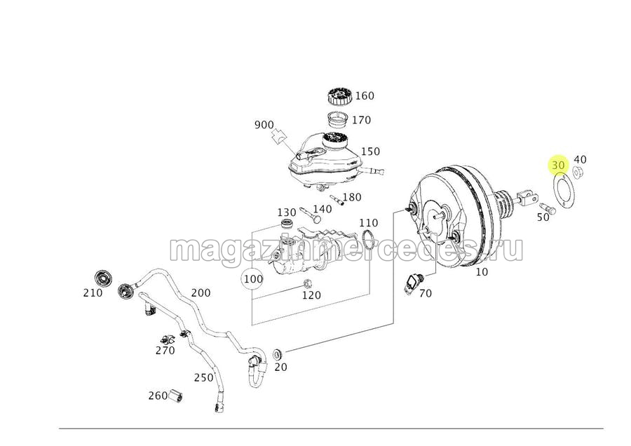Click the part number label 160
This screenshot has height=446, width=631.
click(365, 96)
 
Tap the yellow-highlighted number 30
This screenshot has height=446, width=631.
click(559, 165)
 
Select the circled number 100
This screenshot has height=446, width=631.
click(254, 278)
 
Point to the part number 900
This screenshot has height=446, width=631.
click(264, 126)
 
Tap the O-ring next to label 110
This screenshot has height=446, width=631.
click(368, 241)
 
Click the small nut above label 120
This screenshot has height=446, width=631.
click(306, 283)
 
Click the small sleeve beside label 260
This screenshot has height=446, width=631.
click(175, 396)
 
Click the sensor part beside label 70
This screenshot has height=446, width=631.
click(415, 282)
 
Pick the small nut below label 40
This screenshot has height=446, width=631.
click(578, 173)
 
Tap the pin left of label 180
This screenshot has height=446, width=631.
click(336, 200)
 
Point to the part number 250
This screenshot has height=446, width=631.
click(203, 377)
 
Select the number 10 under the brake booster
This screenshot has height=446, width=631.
click(481, 272)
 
